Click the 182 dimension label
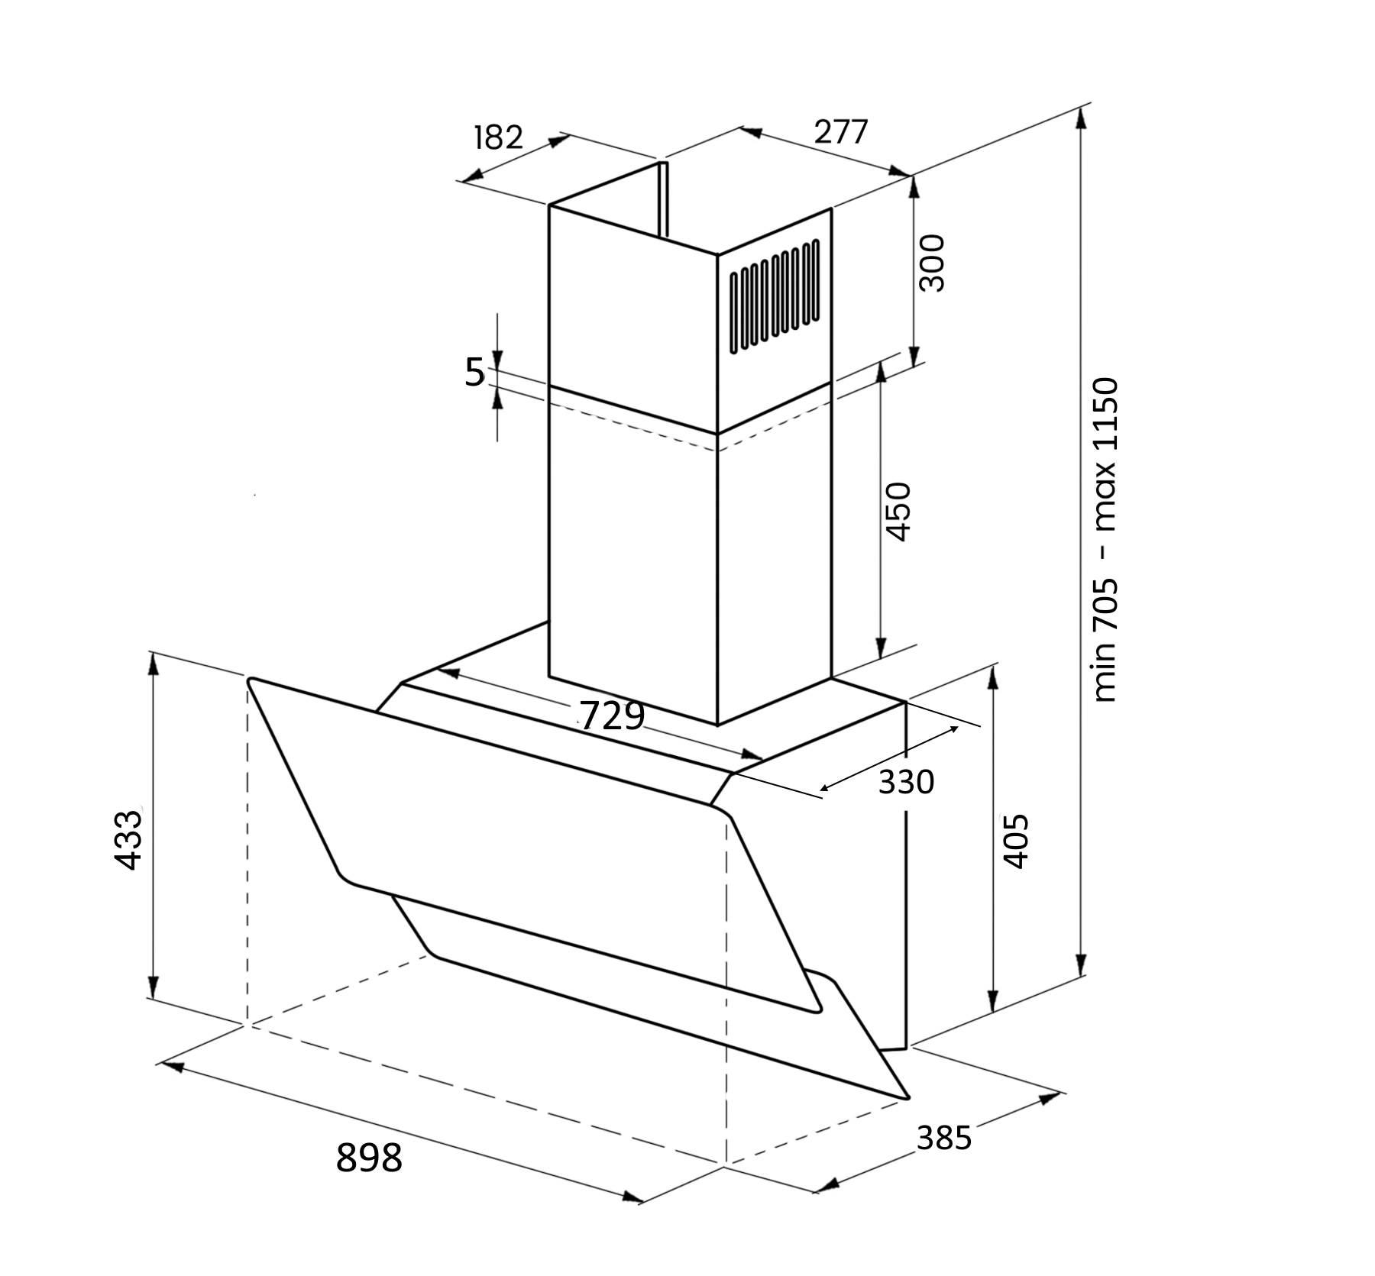click(498, 137)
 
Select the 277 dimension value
click(841, 132)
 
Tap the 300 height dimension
click(932, 263)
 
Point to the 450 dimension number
click(898, 511)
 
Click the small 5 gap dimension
click(475, 372)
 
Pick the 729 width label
click(613, 716)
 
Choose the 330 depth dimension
click(906, 782)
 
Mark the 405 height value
click(1015, 841)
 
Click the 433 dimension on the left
click(128, 840)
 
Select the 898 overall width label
click(369, 1158)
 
